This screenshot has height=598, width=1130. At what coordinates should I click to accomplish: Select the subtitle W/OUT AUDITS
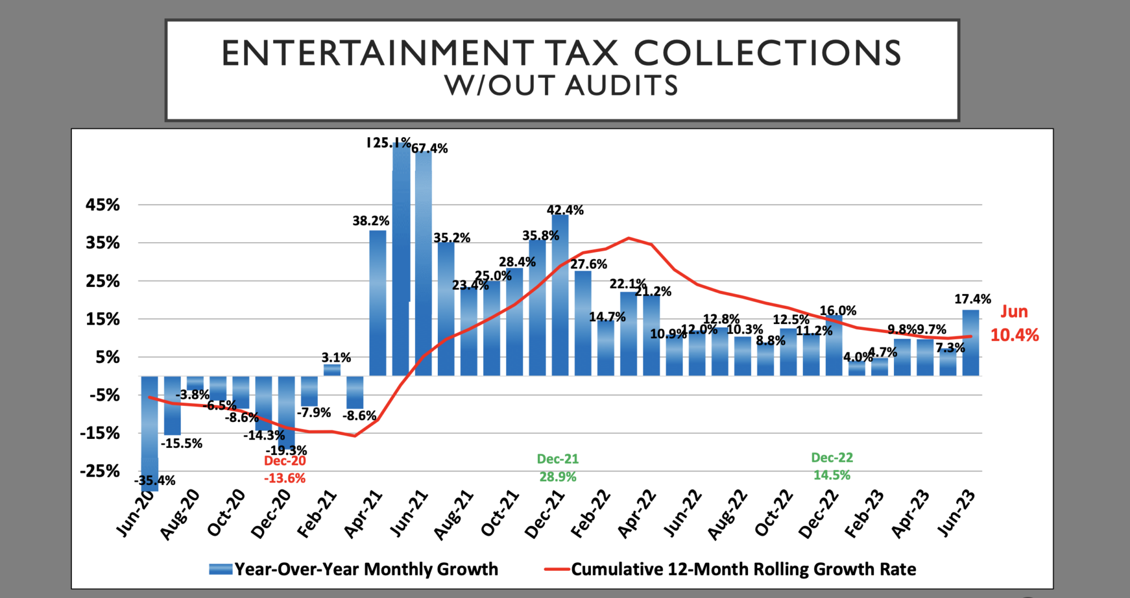coord(561,86)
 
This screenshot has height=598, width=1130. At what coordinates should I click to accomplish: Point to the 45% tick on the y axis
coord(103,205)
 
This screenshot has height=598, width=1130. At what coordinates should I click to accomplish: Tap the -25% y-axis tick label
coord(100,471)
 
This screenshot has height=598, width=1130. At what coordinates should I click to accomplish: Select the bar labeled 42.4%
coord(560,295)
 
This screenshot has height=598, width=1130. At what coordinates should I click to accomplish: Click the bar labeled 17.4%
coord(971,342)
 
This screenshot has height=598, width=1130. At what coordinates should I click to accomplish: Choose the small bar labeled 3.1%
coord(332,370)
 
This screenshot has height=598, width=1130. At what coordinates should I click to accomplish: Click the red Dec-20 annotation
coord(285,461)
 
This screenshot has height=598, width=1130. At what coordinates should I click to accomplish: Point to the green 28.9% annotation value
coord(558,477)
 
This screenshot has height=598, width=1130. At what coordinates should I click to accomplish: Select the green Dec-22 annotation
coord(832,458)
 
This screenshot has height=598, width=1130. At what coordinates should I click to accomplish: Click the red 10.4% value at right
coord(1015,335)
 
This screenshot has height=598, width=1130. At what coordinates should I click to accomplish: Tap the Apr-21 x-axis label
coord(363,514)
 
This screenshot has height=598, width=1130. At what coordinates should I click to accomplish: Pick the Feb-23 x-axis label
coord(864,514)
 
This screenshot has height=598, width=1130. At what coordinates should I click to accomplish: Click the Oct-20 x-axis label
coord(226,513)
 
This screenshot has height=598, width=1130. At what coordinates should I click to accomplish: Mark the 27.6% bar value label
coord(589,264)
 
